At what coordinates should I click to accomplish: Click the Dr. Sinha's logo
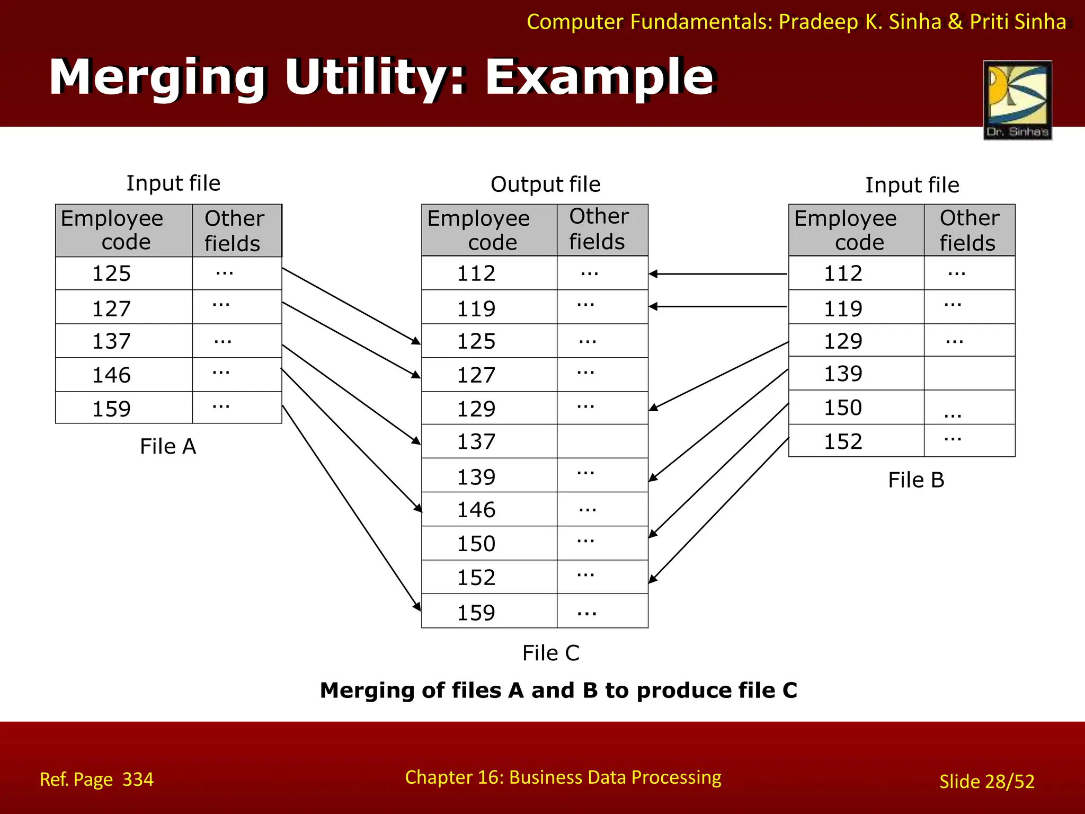[x=1017, y=100]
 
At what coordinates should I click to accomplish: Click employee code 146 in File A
[x=111, y=375]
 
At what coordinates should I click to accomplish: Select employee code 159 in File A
[x=111, y=409]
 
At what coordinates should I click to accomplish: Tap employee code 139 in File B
[x=843, y=374]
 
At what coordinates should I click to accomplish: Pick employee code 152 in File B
[x=843, y=441]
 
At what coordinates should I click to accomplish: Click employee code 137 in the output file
[x=476, y=442]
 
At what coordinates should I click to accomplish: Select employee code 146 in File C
[x=476, y=510]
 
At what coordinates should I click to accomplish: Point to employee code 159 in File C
[x=476, y=613]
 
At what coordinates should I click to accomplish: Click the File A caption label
[x=168, y=447]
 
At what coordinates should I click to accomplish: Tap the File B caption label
[x=916, y=480]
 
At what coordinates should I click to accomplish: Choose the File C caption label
[x=551, y=653]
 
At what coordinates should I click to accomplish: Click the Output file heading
[x=546, y=184]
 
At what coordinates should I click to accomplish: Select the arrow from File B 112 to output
[x=718, y=274]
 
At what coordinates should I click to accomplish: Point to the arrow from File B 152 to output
[x=718, y=510]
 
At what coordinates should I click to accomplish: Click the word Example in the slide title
[x=600, y=78]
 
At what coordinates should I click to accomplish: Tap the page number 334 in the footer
[x=138, y=780]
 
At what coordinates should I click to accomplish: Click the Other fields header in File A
[x=234, y=231]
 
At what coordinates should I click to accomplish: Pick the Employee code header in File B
[x=846, y=231]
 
